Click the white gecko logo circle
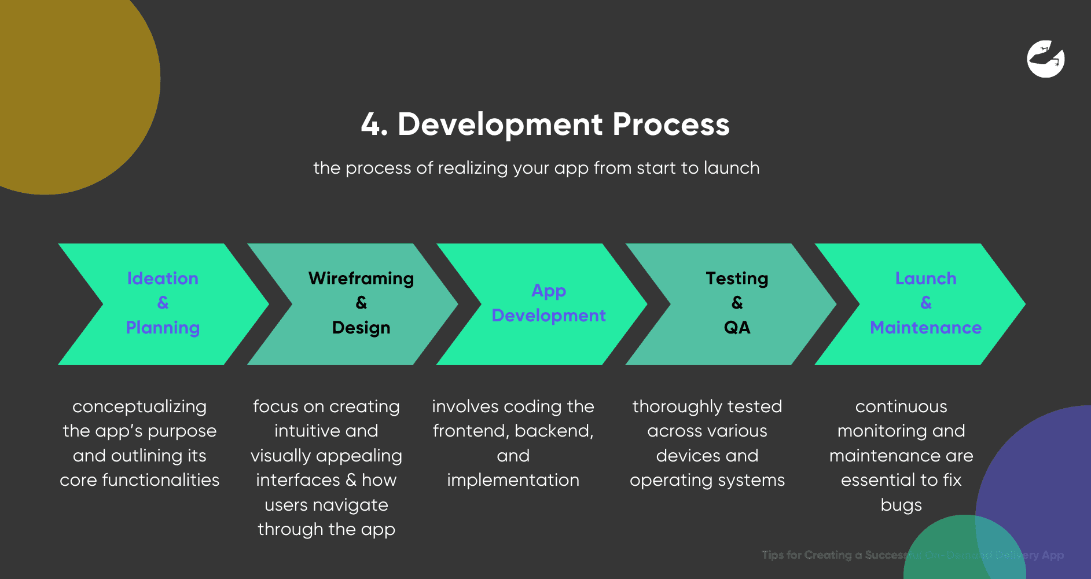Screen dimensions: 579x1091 pyautogui.click(x=1045, y=58)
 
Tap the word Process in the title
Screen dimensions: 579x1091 pyautogui.click(x=671, y=124)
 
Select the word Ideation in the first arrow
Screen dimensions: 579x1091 pyautogui.click(x=163, y=278)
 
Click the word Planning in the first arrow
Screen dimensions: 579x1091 pyautogui.click(x=163, y=328)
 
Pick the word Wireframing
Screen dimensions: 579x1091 pyautogui.click(x=361, y=278)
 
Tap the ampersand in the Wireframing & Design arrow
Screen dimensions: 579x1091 pyautogui.click(x=361, y=303)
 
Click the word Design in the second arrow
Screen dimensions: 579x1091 pyautogui.click(x=361, y=328)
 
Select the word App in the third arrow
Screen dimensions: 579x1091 pyautogui.click(x=549, y=291)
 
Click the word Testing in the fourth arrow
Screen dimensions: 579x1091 pyautogui.click(x=737, y=278)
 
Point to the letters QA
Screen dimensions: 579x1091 pyautogui.click(x=737, y=328)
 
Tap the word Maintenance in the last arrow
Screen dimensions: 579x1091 pyautogui.click(x=925, y=328)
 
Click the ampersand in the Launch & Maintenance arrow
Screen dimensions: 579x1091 pyautogui.click(x=925, y=303)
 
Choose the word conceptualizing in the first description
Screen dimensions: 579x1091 pyautogui.click(x=139, y=406)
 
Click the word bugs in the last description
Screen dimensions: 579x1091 pyautogui.click(x=901, y=505)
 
